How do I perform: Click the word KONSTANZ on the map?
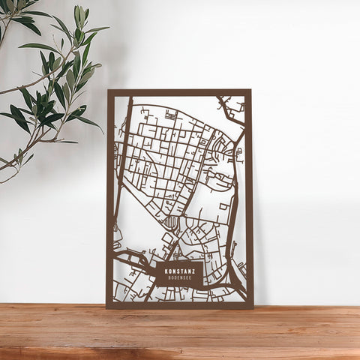click(x=179, y=271)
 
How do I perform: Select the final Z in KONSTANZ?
click(x=193, y=271)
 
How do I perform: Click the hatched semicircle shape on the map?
click(x=172, y=221)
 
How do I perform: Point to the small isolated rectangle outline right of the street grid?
click(x=224, y=205)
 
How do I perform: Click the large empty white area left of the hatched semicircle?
click(x=142, y=225)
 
